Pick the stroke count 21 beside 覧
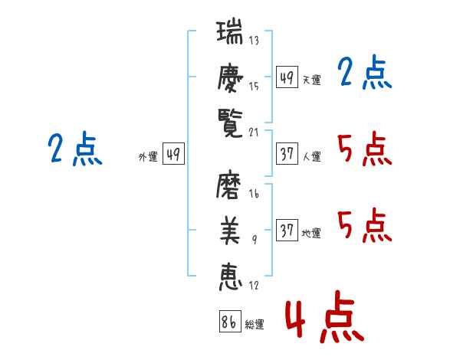coord(254,131)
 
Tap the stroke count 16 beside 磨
coord(254,195)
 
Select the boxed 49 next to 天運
coord(287,77)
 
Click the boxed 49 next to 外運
coord(173,154)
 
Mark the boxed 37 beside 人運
coord(287,153)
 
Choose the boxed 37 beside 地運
coord(287,231)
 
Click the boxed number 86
coord(229,322)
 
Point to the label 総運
coord(255,325)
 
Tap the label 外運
coord(148,157)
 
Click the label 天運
coord(311,80)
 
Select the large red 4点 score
coord(324,321)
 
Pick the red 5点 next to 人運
coord(364,149)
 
